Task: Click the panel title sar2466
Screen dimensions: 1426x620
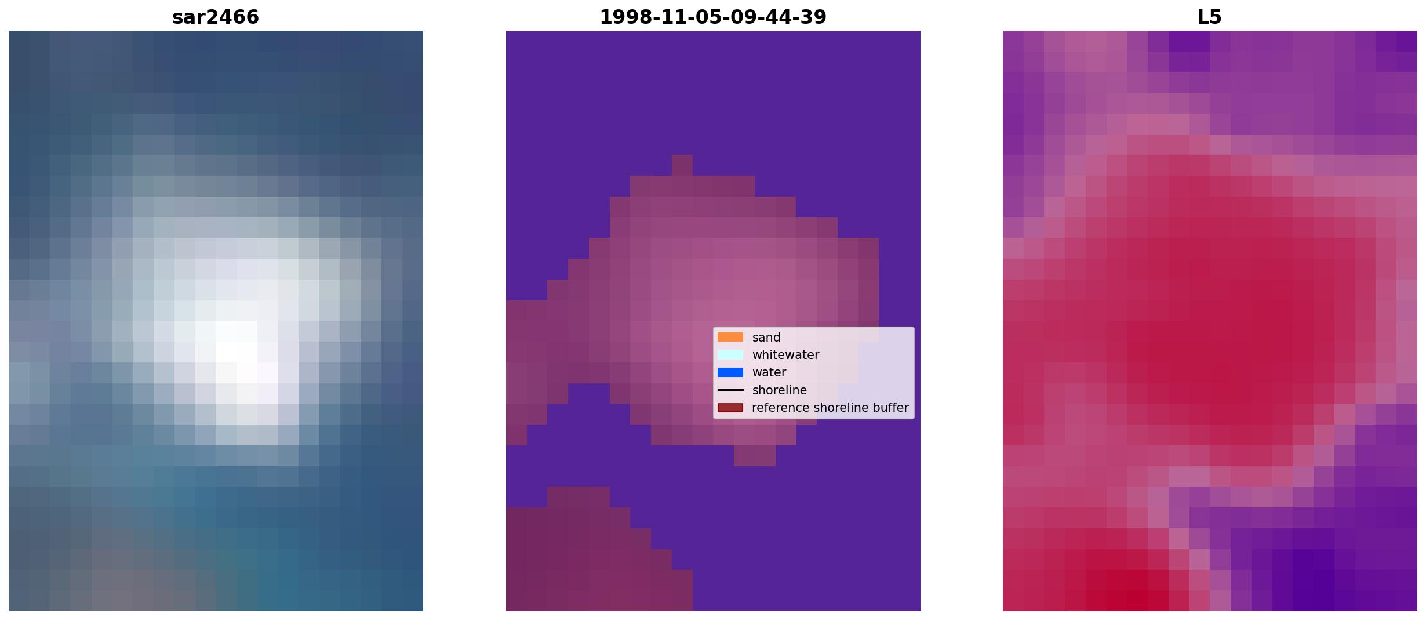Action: pos(216,17)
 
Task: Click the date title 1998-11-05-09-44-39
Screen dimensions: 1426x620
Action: pos(713,17)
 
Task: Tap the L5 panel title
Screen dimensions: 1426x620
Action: pos(1210,17)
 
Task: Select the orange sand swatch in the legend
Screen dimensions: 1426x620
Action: pos(730,337)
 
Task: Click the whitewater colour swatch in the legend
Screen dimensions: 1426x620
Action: pos(730,354)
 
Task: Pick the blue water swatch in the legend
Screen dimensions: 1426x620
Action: pos(730,372)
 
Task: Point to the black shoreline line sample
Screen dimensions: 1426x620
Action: pos(730,390)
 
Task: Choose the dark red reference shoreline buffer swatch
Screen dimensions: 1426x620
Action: pos(730,408)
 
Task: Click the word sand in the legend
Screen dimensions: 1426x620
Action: pos(766,338)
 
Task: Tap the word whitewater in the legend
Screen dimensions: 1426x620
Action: pos(785,355)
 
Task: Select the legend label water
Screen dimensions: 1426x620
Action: pos(769,372)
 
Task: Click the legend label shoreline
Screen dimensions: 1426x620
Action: pos(780,390)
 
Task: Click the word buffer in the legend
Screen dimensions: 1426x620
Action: pos(891,408)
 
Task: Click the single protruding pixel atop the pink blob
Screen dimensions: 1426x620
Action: pos(682,165)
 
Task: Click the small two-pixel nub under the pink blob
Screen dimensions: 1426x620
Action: pos(755,456)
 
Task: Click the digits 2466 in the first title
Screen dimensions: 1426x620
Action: pos(235,17)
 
